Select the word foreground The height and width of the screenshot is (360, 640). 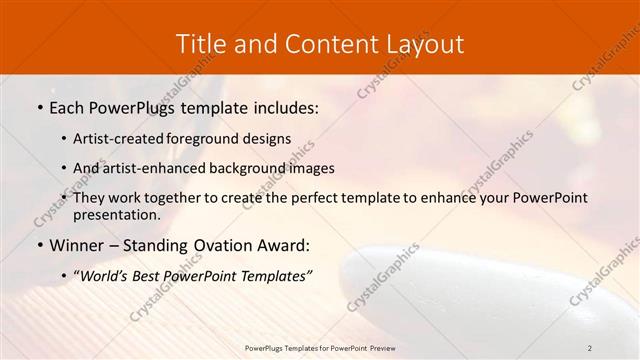tap(213, 138)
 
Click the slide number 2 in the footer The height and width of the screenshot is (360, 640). tap(590, 347)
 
